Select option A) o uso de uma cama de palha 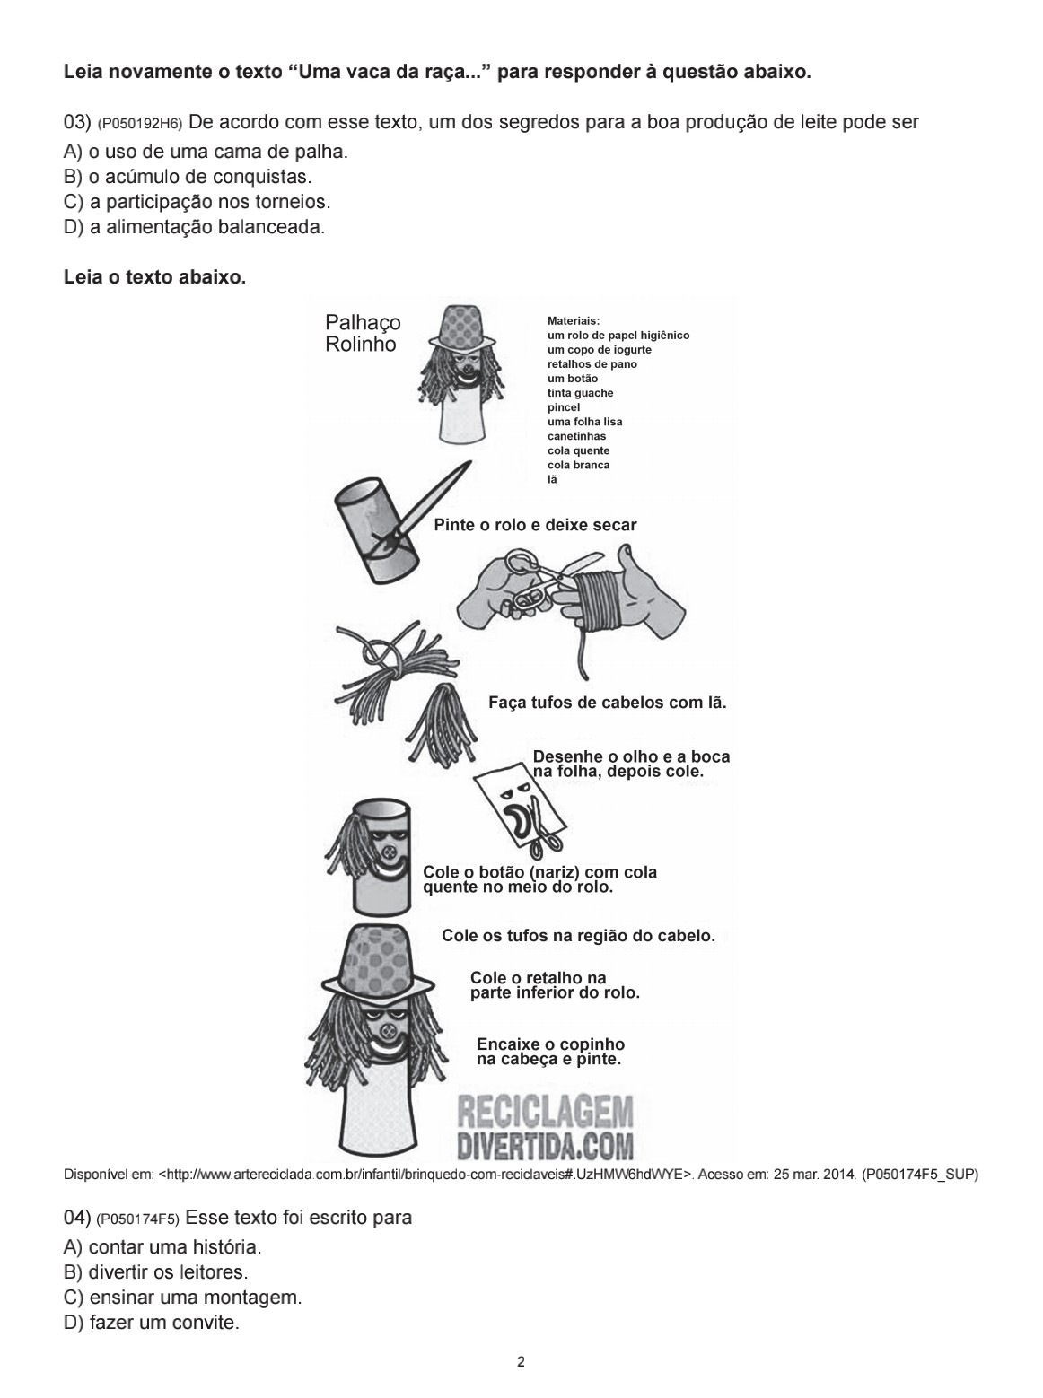(x=206, y=153)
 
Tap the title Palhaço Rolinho (x=363, y=333)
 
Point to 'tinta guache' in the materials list (x=580, y=393)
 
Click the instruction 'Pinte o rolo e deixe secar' (x=535, y=526)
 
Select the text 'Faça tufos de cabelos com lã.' (x=607, y=703)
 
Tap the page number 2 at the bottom (x=521, y=1361)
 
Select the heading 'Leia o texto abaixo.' (x=154, y=278)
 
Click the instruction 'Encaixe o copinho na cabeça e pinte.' (x=550, y=1052)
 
